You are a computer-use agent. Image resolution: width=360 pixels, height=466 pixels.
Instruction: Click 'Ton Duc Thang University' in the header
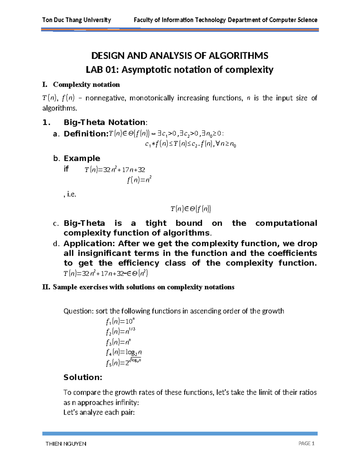[76, 20]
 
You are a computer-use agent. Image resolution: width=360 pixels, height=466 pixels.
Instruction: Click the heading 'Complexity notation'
[86, 85]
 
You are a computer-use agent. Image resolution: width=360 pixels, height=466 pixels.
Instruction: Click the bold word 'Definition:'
[85, 134]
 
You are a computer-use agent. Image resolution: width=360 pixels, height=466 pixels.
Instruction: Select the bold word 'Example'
[82, 158]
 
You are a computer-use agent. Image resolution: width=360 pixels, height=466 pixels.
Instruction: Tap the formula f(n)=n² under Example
[139, 180]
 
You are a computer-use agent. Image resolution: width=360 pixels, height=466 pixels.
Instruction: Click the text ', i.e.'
[70, 194]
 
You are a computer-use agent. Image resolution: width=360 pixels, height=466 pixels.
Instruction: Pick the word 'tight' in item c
[156, 223]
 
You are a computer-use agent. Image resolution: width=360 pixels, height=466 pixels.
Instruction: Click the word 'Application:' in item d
[89, 243]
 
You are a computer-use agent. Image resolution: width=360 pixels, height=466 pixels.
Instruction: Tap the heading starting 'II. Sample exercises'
[138, 287]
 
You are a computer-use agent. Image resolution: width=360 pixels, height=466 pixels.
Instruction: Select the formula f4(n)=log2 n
[124, 352]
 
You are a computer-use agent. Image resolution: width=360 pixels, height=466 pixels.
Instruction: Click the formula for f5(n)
[123, 363]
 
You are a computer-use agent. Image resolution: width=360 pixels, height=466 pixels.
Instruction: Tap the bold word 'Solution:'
[83, 377]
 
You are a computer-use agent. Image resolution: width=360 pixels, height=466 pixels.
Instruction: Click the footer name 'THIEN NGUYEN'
[66, 444]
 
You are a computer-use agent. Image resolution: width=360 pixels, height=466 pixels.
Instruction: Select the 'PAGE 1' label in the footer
[306, 443]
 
